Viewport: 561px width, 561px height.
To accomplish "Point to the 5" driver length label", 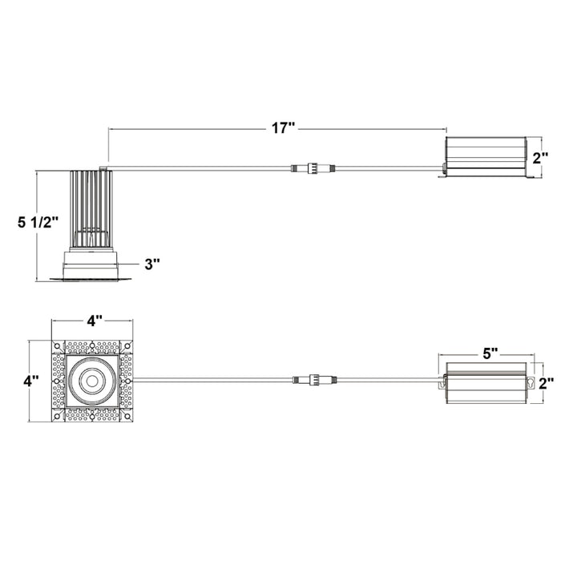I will (x=490, y=352).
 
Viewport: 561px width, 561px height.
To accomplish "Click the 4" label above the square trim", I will (x=95, y=321).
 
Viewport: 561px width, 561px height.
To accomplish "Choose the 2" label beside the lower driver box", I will (x=547, y=383).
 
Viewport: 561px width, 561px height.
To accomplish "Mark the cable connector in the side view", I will (x=312, y=168).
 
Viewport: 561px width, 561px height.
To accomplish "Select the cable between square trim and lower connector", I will (x=208, y=377).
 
